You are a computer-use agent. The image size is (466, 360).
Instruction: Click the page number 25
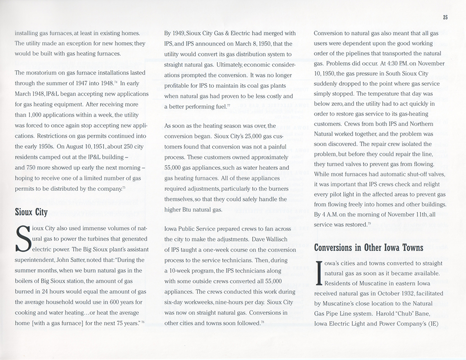click(x=445, y=18)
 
